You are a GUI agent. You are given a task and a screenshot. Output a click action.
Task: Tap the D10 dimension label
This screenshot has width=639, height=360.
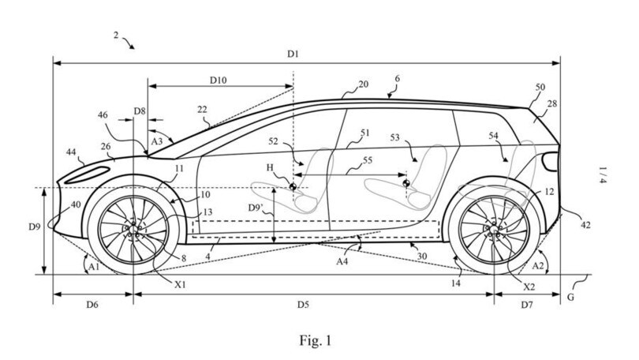click(219, 80)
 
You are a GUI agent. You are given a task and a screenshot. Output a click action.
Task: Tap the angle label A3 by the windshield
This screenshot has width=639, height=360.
click(156, 140)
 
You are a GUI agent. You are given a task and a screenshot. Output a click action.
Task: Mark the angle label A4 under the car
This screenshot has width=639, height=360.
click(345, 260)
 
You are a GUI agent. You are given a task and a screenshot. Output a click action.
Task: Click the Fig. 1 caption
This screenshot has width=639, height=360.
click(315, 341)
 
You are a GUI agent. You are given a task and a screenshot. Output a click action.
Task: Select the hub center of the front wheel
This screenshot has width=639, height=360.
click(134, 229)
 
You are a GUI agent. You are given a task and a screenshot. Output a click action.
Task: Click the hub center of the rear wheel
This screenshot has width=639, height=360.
click(494, 229)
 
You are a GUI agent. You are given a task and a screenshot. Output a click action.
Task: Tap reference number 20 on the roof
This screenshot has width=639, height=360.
click(364, 84)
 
